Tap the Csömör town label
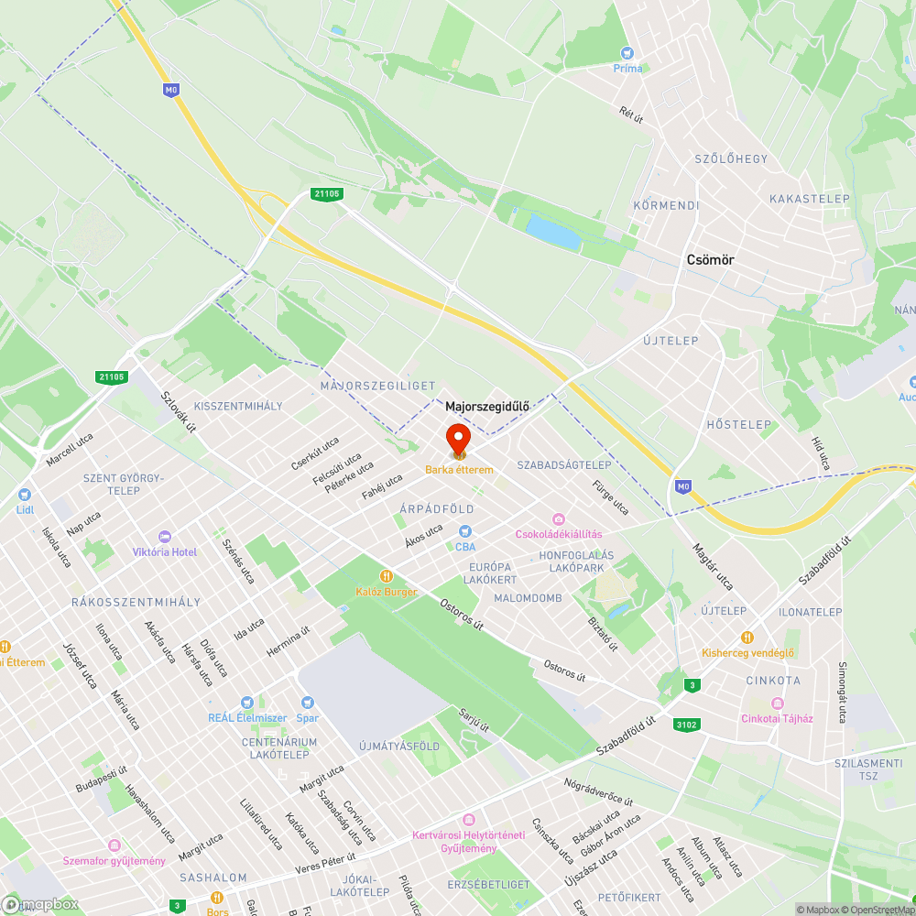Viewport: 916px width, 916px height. [x=710, y=260]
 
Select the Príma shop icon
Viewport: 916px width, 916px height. [x=627, y=53]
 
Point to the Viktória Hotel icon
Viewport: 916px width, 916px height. [x=165, y=537]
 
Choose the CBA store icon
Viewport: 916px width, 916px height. [x=465, y=531]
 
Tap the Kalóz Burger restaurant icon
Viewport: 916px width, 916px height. [x=387, y=576]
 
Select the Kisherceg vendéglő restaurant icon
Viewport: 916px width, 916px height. [x=747, y=638]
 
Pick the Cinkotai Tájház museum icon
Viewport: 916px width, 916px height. [x=777, y=703]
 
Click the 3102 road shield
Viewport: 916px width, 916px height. [x=686, y=725]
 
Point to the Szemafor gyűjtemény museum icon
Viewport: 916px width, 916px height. [x=114, y=845]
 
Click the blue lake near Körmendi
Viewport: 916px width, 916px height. [x=553, y=234]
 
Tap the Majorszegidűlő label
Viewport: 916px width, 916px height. [x=487, y=406]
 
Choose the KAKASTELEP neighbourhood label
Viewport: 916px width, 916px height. [x=810, y=199]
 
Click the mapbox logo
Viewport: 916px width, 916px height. [x=41, y=903]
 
